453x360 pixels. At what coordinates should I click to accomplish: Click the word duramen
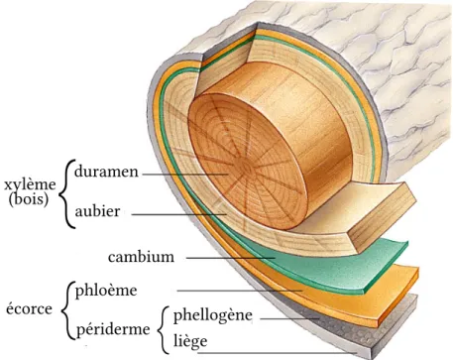[x=106, y=172]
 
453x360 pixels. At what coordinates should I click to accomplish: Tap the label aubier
[x=97, y=211]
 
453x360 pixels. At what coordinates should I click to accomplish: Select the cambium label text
[x=141, y=257]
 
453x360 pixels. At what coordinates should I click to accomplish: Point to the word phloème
[x=106, y=292]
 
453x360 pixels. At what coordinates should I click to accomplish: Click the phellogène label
[x=213, y=316]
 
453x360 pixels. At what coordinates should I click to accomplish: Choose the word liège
[x=190, y=341]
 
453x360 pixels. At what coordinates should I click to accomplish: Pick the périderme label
[x=113, y=329]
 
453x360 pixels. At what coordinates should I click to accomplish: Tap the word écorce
[x=29, y=309]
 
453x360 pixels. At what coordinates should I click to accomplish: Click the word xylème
[x=30, y=184]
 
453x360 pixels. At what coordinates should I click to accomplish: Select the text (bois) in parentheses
[x=29, y=199]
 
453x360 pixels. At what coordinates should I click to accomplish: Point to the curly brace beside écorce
[x=65, y=310]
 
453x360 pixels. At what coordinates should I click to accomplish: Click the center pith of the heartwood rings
[x=245, y=167]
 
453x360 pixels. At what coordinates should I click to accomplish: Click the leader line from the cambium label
[x=231, y=258]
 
